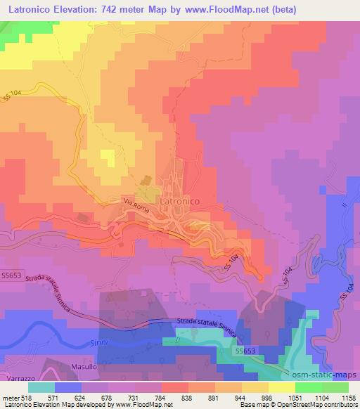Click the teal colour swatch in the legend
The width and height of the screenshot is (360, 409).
(x=41, y=387)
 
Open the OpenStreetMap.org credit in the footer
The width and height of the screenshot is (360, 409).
(x=324, y=405)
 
